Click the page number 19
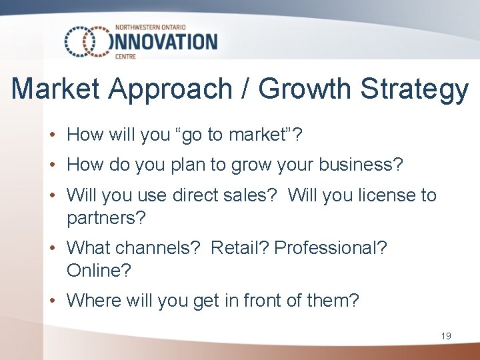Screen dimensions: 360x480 point(446,336)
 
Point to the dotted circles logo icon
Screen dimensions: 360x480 point(87,41)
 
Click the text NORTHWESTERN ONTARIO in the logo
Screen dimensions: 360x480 point(153,27)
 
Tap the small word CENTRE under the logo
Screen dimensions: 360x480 point(125,57)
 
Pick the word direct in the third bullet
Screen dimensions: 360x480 point(195,195)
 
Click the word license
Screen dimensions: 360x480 point(381,195)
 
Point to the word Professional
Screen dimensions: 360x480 point(330,248)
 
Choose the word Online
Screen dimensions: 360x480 point(99,270)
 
